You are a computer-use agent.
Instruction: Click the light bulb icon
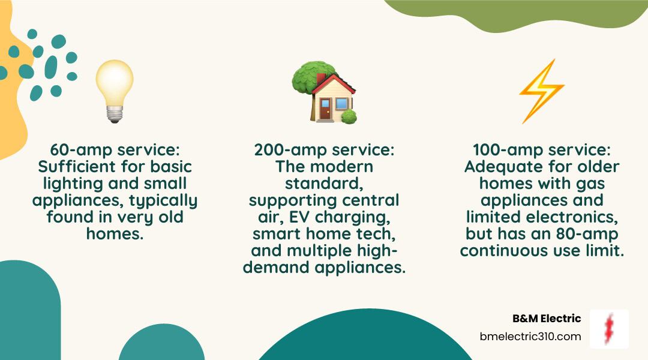click(115, 91)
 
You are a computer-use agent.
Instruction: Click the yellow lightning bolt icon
click(541, 91)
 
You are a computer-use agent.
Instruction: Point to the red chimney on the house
click(320, 79)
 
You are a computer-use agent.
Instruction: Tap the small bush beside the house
click(349, 117)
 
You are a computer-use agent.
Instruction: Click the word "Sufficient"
click(77, 167)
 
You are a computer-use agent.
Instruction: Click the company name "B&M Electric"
click(547, 319)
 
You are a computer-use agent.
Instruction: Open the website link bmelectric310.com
click(530, 337)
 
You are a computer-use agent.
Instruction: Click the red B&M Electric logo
click(609, 329)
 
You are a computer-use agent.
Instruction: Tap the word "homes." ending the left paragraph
click(115, 234)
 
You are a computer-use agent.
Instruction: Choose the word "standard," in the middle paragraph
click(325, 184)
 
